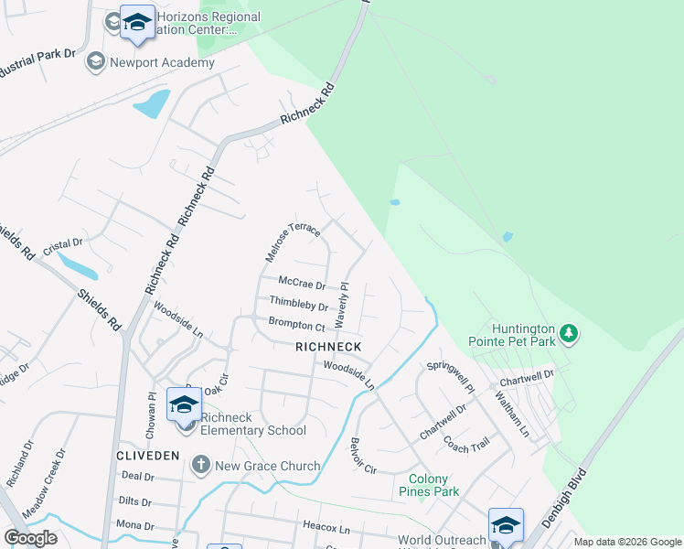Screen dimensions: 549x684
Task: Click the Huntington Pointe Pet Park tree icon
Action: (x=570, y=333)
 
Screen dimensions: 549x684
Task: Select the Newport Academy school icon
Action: (x=95, y=62)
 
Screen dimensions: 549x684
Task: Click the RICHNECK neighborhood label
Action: (x=328, y=347)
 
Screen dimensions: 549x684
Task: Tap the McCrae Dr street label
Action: (x=302, y=285)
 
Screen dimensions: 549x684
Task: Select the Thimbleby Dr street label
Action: (x=299, y=303)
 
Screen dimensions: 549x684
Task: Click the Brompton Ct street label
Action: (x=296, y=324)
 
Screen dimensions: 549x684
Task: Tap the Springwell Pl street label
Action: (x=451, y=377)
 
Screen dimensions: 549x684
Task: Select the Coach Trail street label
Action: (x=467, y=442)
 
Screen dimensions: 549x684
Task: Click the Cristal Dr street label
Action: (x=64, y=244)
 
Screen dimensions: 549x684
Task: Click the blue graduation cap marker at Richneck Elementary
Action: (x=184, y=404)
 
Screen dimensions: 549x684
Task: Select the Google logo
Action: (x=31, y=538)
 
